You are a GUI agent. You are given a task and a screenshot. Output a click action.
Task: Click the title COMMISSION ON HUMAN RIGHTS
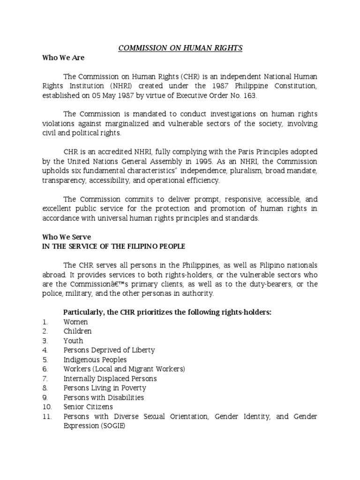click(x=180, y=48)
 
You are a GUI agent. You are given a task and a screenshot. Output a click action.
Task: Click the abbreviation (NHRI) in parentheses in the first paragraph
click(x=124, y=86)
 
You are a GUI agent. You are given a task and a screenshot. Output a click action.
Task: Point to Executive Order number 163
click(x=250, y=96)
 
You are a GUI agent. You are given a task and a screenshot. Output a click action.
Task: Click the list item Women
click(x=76, y=322)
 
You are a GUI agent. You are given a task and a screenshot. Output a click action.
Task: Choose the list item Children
click(x=77, y=331)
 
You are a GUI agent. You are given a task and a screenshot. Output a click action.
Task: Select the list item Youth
click(x=74, y=341)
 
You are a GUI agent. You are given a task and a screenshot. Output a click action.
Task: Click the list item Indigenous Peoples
click(x=95, y=360)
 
